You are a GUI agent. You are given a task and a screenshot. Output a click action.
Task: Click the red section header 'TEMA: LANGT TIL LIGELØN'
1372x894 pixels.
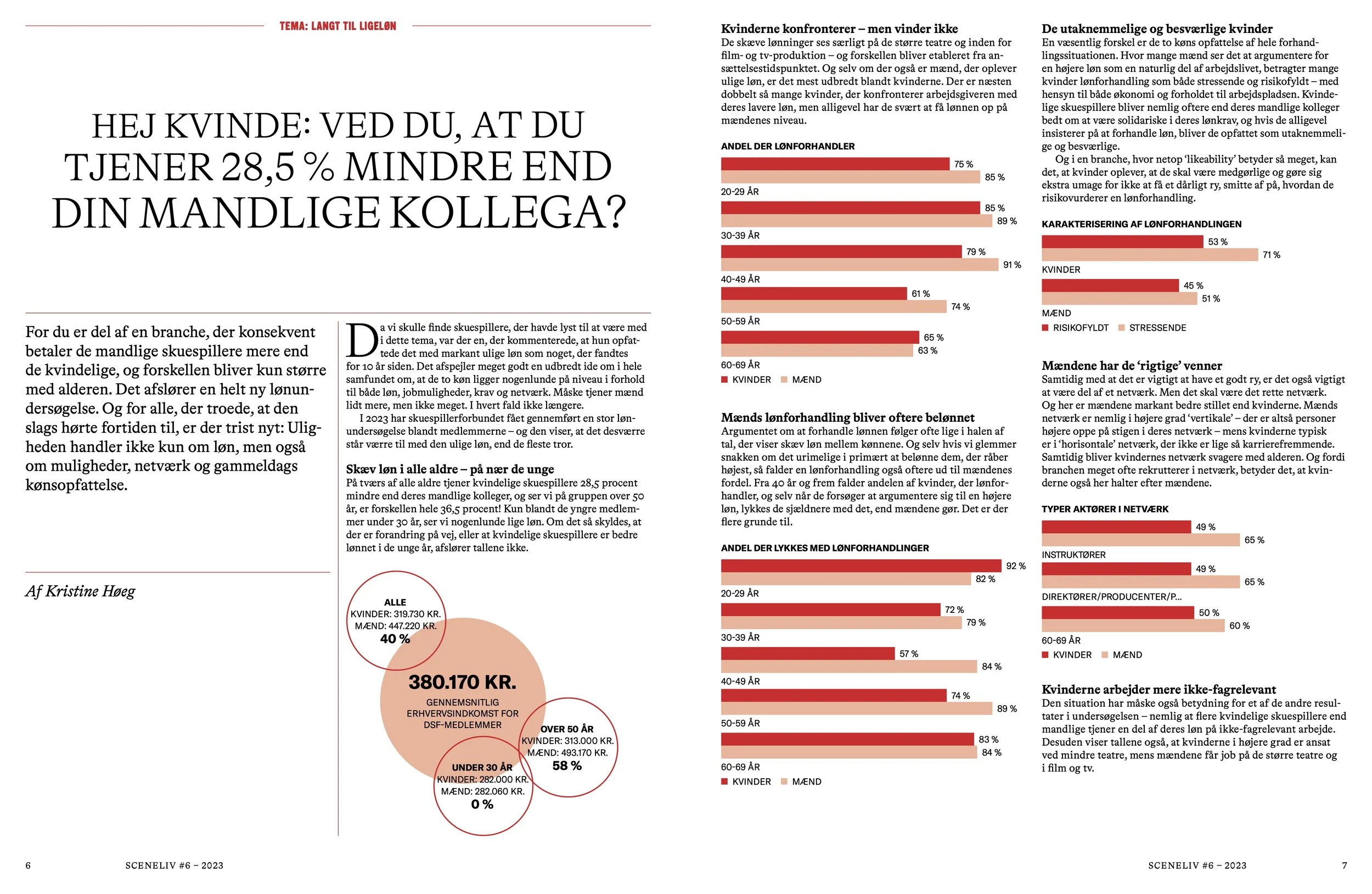(x=338, y=26)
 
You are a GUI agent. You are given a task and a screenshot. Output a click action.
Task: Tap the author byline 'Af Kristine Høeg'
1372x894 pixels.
(x=80, y=591)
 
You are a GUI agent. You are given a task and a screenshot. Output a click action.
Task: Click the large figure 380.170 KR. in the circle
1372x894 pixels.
(x=462, y=683)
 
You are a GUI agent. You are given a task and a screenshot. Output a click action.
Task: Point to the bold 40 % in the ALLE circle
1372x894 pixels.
(x=395, y=639)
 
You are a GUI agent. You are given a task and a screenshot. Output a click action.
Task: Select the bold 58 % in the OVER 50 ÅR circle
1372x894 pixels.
(x=567, y=766)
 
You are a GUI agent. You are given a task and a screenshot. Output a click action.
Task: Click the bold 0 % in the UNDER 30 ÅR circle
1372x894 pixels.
(x=482, y=804)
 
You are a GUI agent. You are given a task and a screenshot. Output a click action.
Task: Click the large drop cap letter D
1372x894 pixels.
(x=361, y=341)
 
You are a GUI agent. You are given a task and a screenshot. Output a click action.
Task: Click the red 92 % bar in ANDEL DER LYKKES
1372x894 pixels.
(x=860, y=566)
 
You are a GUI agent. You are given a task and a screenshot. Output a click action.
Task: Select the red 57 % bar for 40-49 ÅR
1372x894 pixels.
(x=807, y=653)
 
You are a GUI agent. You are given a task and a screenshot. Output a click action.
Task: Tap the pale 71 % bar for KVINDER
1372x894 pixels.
(x=1150, y=255)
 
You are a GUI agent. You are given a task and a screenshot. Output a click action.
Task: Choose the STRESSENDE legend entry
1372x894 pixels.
(x=1156, y=328)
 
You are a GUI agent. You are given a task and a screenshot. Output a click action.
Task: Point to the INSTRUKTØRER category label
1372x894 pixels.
(x=1073, y=555)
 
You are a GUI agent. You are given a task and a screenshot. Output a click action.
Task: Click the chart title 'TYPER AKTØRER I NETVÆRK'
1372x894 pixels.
(x=1105, y=509)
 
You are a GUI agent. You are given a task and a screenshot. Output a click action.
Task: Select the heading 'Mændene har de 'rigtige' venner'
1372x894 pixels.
(x=1132, y=366)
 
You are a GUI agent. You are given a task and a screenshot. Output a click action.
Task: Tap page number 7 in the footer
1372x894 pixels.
(x=1345, y=865)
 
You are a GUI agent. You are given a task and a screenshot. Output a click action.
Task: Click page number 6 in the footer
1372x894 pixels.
(x=28, y=865)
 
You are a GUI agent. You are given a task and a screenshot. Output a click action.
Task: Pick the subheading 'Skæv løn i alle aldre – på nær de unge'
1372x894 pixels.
(x=449, y=470)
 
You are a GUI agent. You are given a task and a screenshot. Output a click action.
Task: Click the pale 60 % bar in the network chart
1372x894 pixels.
(x=1133, y=626)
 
